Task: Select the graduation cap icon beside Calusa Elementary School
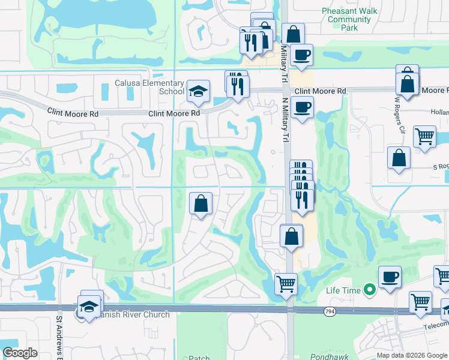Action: click(x=198, y=92)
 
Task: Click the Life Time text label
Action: click(x=343, y=290)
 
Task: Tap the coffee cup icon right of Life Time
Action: click(x=390, y=277)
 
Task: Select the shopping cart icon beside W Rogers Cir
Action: click(x=424, y=137)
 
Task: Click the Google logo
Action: click(x=20, y=353)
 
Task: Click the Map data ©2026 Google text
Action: click(x=412, y=355)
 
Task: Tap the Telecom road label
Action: click(x=433, y=322)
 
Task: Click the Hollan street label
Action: click(x=439, y=112)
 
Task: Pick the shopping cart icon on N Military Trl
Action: click(x=286, y=283)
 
